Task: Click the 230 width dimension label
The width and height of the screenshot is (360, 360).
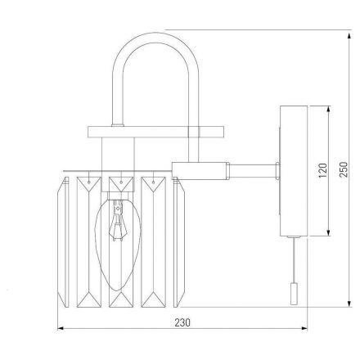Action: [x=182, y=322]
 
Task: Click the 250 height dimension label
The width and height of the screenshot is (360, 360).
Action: [x=344, y=169]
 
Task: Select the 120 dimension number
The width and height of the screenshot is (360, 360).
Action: [x=322, y=170]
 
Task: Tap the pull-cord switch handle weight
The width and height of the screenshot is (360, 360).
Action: [x=294, y=294]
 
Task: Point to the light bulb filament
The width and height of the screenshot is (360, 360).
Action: [x=118, y=220]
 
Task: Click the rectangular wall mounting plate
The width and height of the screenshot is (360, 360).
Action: [x=294, y=171]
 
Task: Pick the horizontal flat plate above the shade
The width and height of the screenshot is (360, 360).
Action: [x=155, y=132]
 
